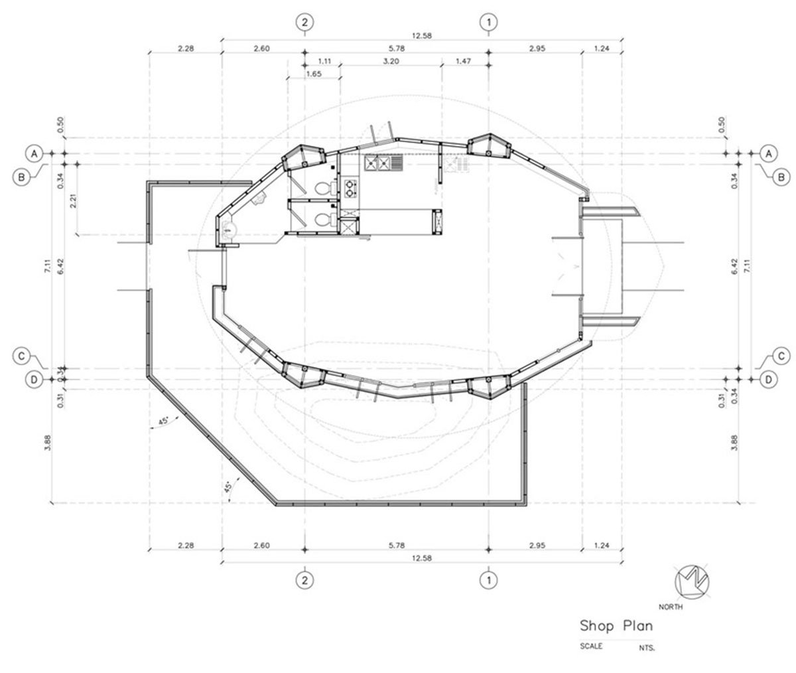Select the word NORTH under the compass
671,607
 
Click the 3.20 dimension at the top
391,60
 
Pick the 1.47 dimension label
464,60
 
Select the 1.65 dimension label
313,74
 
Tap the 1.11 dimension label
323,60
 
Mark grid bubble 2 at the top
304,22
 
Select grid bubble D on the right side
767,380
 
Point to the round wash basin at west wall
229,229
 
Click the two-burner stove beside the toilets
350,188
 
